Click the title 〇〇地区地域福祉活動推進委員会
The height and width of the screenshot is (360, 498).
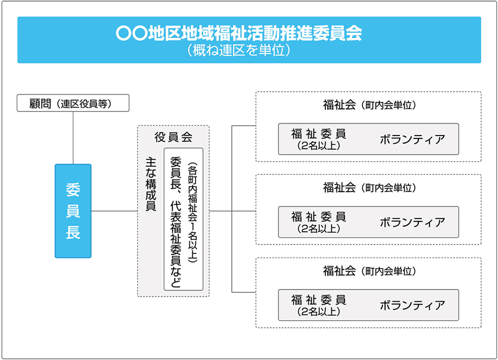239,33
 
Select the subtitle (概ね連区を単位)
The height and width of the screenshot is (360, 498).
239,50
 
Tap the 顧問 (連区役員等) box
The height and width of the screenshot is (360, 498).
73,103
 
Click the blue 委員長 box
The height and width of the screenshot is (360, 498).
73,211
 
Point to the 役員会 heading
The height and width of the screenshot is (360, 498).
174,137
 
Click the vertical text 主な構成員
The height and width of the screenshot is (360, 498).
151,184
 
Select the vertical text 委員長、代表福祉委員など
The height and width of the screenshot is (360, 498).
175,222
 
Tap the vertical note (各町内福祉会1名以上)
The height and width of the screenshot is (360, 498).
193,213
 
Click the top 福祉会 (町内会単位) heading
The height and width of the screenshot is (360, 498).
369,105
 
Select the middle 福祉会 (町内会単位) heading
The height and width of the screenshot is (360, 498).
369,187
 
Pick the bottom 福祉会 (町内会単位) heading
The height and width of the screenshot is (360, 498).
369,271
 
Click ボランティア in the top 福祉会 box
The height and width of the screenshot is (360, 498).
412,140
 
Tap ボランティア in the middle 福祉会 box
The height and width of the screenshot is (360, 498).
412,222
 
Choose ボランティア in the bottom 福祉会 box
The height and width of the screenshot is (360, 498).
412,305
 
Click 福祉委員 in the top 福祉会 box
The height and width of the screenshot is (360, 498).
319,134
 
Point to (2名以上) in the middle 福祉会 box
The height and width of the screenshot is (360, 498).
319,228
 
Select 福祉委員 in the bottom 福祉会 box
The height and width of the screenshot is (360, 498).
319,299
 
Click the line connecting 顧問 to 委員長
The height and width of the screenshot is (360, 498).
73,138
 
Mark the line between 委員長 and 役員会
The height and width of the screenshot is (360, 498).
114,211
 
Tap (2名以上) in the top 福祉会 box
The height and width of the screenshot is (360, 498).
319,146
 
